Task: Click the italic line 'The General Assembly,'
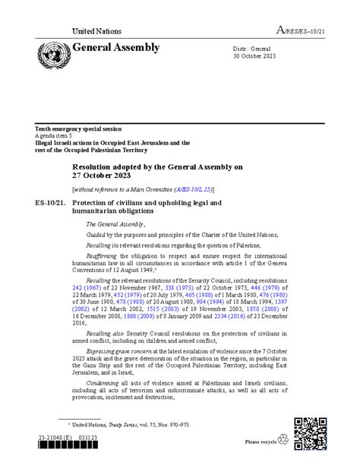click(x=114, y=224)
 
